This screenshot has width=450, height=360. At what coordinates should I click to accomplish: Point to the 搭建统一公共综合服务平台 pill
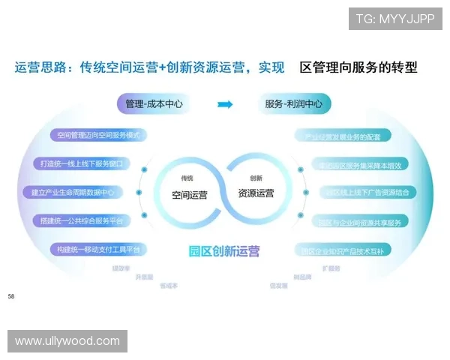coord(81,220)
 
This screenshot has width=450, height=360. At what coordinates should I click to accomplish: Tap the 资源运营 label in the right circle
coord(256,193)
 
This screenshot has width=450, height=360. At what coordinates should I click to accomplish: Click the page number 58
coord(11,297)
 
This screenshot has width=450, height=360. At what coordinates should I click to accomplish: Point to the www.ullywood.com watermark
coord(67,341)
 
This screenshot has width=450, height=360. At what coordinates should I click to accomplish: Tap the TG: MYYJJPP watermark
coord(394,18)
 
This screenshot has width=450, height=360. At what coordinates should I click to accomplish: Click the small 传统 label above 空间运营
coord(187,178)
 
